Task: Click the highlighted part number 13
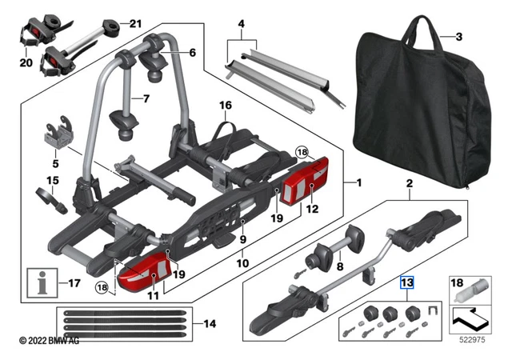pyautogui.click(x=407, y=282)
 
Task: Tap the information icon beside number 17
pyautogui.click(x=42, y=283)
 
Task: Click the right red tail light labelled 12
pyautogui.click(x=306, y=182)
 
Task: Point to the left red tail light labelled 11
pyautogui.click(x=146, y=271)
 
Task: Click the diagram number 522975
pyautogui.click(x=472, y=340)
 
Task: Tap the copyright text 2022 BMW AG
pyautogui.click(x=49, y=341)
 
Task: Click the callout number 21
pyautogui.click(x=135, y=24)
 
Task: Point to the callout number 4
pyautogui.click(x=242, y=24)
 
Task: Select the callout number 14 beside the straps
pyautogui.click(x=210, y=324)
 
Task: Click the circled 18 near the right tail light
pyautogui.click(x=302, y=152)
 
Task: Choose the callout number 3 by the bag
pyautogui.click(x=458, y=37)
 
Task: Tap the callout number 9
pyautogui.click(x=242, y=239)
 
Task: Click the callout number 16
pyautogui.click(x=226, y=105)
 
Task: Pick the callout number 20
pyautogui.click(x=26, y=62)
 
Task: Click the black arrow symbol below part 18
pyautogui.click(x=470, y=319)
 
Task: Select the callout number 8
pyautogui.click(x=340, y=266)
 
